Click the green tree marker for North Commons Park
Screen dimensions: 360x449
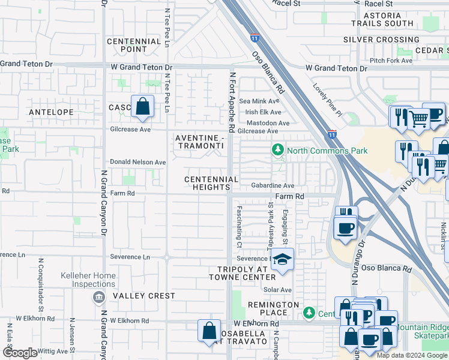[x=277, y=149]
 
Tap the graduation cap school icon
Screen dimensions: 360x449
[x=280, y=260]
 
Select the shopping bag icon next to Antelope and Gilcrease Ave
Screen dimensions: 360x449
[x=142, y=107]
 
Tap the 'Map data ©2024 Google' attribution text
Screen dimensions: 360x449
[x=412, y=355]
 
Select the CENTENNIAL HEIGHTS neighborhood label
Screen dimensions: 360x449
[x=211, y=183]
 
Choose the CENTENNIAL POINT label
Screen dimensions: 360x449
[x=134, y=45]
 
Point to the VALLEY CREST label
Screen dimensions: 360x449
[x=144, y=296]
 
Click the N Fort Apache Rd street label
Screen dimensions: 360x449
[x=231, y=102]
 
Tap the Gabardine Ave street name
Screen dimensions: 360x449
[x=273, y=186]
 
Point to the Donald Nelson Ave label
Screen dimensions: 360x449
[x=137, y=162]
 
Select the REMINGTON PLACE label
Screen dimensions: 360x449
[x=273, y=308]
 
